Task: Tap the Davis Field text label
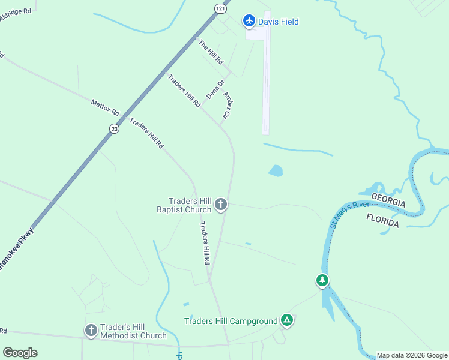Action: click(x=279, y=22)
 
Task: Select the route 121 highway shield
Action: click(x=221, y=8)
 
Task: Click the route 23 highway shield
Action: click(x=114, y=128)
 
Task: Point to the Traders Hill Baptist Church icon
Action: click(x=221, y=205)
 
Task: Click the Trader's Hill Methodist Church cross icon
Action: click(x=91, y=331)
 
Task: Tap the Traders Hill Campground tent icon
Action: click(x=288, y=320)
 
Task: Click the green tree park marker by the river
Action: click(x=322, y=280)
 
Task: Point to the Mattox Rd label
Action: click(x=106, y=108)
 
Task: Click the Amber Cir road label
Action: click(x=228, y=104)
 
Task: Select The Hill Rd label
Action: click(x=211, y=52)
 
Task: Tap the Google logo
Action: click(x=20, y=353)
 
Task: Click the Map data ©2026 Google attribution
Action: click(x=412, y=355)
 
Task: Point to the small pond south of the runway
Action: click(x=276, y=171)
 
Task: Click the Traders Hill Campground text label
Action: click(x=231, y=321)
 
